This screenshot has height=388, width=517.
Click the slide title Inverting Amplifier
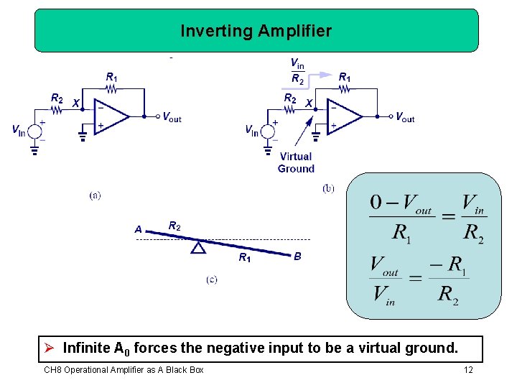pos(256,31)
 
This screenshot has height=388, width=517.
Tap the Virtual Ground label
pos(296,162)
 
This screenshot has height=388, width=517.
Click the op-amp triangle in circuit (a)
pos(111,116)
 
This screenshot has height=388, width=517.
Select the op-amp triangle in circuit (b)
pos(344,115)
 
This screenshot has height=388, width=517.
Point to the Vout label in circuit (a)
pos(172,117)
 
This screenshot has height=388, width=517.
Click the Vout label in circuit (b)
pos(405,117)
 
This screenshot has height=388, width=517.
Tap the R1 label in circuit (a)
pos(112,77)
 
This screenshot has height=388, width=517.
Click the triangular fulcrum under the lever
pos(198,247)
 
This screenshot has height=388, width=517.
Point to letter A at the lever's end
pos(138,230)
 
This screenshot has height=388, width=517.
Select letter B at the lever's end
pos(297,256)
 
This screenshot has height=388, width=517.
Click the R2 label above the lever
pos(174,226)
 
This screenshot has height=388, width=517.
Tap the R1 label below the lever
pos(245,258)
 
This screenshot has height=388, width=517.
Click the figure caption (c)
pos(212,280)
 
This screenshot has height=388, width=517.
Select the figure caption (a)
pos(95,195)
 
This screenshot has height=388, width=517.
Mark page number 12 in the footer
pos(468,370)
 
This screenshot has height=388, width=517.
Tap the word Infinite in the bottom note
pos(86,348)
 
